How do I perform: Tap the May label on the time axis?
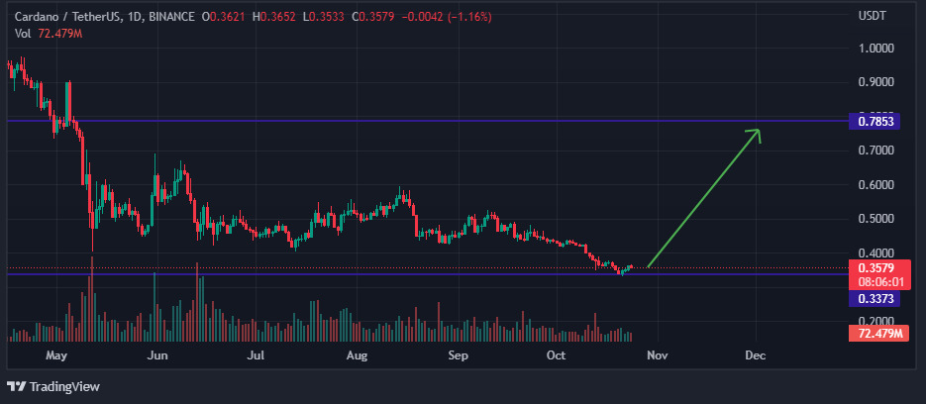(55, 354)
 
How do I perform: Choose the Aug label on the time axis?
(358, 354)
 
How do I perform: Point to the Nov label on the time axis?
(658, 354)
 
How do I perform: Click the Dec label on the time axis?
(755, 354)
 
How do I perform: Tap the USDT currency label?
(872, 17)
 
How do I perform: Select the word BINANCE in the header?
(171, 17)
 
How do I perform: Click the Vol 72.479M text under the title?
(49, 34)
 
